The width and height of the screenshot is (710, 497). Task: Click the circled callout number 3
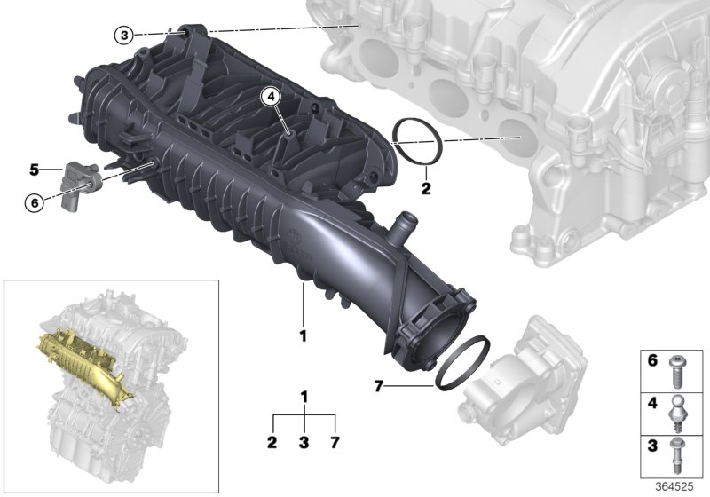(124, 35)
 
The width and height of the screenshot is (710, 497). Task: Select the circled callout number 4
(270, 95)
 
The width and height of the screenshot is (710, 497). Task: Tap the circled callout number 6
(35, 202)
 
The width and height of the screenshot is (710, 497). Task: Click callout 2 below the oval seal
(425, 188)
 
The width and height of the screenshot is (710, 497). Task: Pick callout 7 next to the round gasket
(378, 387)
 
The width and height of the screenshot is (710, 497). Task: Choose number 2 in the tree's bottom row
(272, 441)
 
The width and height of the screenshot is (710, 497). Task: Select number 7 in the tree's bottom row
(335, 441)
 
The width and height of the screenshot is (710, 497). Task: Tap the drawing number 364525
(681, 487)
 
